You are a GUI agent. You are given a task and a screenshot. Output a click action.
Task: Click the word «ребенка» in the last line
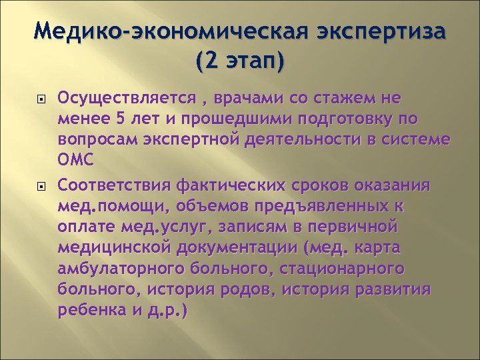(x=90, y=311)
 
